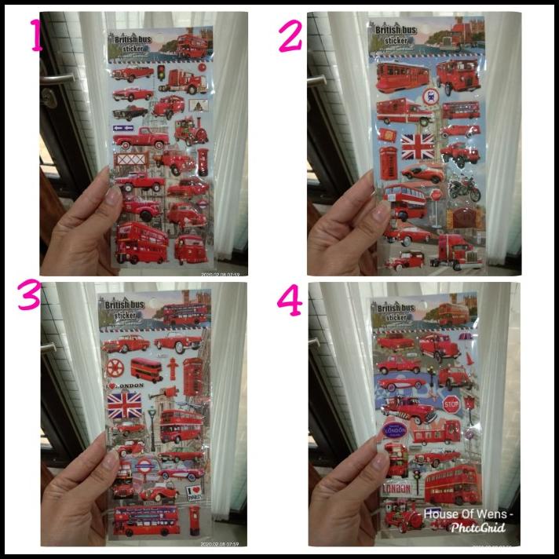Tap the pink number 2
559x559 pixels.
[x=290, y=36]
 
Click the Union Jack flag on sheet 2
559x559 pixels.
[x=417, y=146]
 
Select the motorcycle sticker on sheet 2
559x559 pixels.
[x=463, y=189]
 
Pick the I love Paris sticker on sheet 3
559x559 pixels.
[x=197, y=494]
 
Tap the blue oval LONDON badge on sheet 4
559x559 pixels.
[x=393, y=432]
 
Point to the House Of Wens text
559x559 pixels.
[x=468, y=514]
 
